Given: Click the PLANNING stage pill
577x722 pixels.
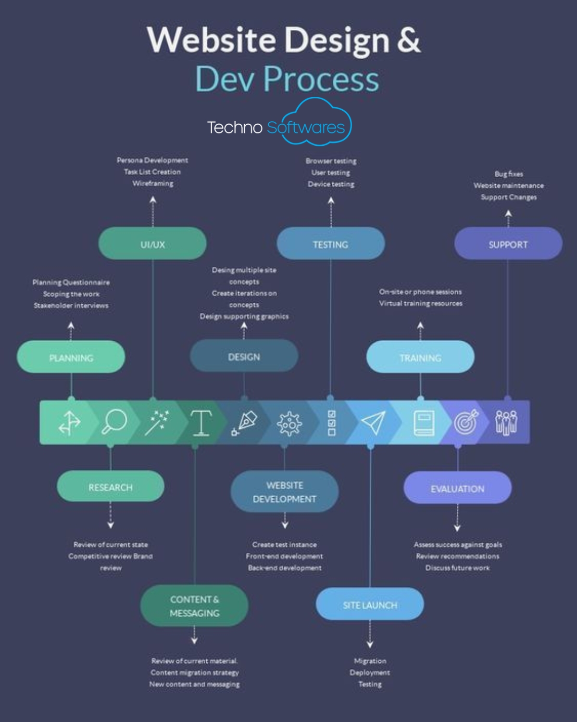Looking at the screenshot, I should coord(71,357).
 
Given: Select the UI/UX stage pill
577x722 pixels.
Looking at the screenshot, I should coord(152,244).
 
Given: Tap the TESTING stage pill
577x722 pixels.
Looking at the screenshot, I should coord(330,244).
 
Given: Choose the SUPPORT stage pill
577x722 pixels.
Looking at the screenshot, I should coord(508,244).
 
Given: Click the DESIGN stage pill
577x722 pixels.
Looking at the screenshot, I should coord(244,356).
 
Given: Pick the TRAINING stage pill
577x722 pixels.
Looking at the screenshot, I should coord(420,357).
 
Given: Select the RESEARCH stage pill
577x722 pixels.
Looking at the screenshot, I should coord(110,487).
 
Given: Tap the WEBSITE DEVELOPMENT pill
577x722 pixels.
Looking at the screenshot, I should coord(285,491).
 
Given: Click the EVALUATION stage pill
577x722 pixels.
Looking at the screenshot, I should coord(457,488).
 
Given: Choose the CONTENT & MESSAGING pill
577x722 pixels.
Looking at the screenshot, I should coord(194,606).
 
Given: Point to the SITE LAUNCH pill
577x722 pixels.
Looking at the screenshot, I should coord(370,604).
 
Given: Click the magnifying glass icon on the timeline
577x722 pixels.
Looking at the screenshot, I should coord(114,422).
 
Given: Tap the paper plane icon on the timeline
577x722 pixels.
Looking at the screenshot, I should coord(373,422).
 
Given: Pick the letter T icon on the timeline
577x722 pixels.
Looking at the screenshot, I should coord(201,423).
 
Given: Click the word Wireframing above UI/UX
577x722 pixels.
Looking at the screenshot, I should coord(153,183).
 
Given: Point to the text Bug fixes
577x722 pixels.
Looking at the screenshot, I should coord(509,174).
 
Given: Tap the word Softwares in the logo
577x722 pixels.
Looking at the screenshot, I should coord(306,128).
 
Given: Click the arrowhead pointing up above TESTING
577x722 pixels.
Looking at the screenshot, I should coord(331,201).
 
